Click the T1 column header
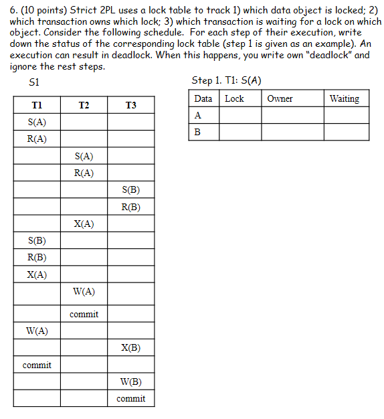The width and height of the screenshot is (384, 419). (x=37, y=105)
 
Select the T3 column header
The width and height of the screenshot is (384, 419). (x=130, y=105)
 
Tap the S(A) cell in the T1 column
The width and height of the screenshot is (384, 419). (x=37, y=122)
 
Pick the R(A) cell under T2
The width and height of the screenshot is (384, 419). (x=84, y=173)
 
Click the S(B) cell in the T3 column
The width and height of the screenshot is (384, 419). (x=130, y=190)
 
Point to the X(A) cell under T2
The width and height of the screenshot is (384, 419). (x=84, y=224)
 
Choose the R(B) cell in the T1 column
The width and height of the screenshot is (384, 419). (x=37, y=257)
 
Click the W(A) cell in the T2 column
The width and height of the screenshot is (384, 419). (x=84, y=291)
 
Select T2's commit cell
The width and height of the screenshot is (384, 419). (x=84, y=314)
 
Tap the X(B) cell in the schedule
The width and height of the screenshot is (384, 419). (x=130, y=348)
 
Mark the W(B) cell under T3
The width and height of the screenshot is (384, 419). (x=130, y=382)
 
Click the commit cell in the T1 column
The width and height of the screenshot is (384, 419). (x=37, y=365)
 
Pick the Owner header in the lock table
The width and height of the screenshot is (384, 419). (x=280, y=98)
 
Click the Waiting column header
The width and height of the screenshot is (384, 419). (x=345, y=98)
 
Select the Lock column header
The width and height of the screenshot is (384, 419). (x=234, y=98)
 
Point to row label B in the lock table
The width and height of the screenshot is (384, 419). (x=197, y=132)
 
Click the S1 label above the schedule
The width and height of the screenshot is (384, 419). (x=35, y=82)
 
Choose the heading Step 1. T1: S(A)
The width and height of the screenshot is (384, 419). (x=226, y=80)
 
